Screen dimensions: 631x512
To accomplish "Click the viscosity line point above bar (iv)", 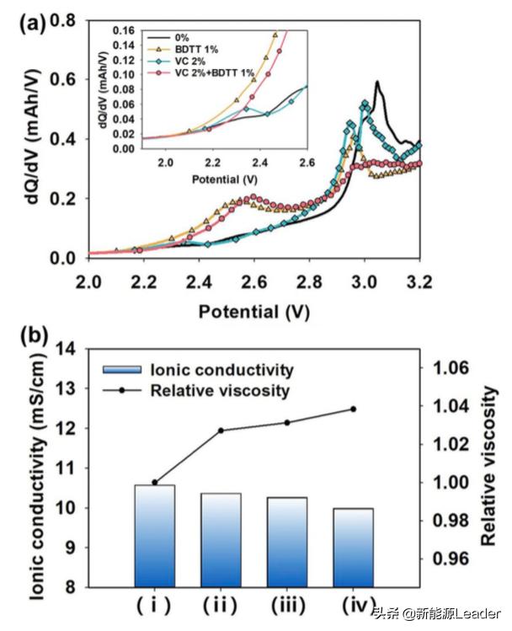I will click(352, 409).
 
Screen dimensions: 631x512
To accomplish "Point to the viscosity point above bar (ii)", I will click(221, 430).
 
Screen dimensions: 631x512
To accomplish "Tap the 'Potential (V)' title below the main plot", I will click(253, 312).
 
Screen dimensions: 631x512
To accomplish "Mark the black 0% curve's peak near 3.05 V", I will click(377, 82).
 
